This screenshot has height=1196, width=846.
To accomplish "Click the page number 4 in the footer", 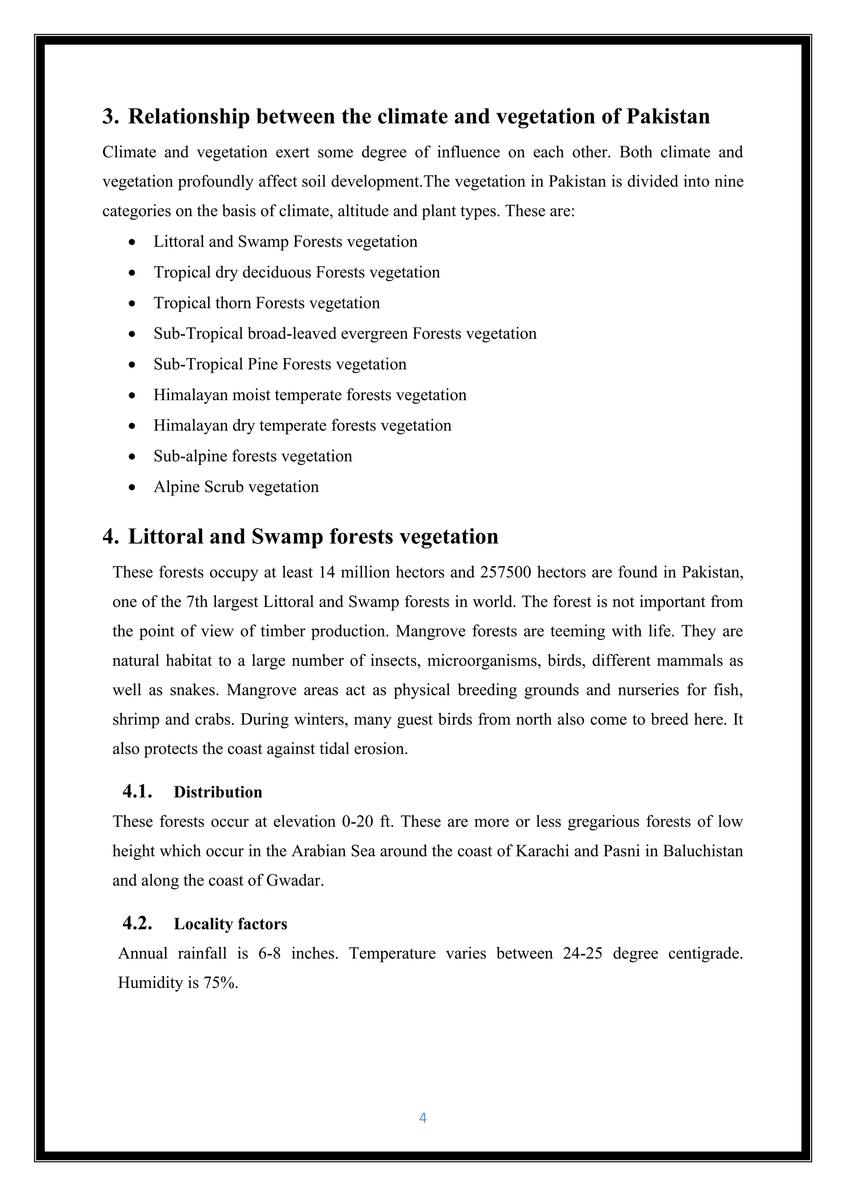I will pyautogui.click(x=423, y=1118).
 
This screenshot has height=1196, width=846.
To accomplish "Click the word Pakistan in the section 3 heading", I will pyautogui.click(x=668, y=116).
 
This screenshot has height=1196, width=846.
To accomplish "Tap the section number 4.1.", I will pyautogui.click(x=138, y=791).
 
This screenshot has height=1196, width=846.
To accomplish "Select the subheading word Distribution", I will pyautogui.click(x=218, y=792).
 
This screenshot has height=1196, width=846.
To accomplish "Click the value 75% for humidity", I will pyautogui.click(x=221, y=983).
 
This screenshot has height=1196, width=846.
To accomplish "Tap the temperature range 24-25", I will pyautogui.click(x=582, y=953).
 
